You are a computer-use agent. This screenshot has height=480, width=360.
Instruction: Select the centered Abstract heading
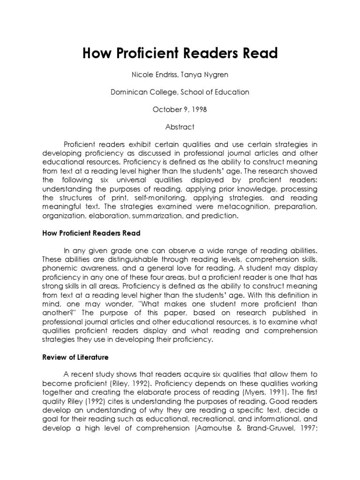tap(180, 127)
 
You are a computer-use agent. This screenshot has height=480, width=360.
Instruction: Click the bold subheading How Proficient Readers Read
tap(91, 233)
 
